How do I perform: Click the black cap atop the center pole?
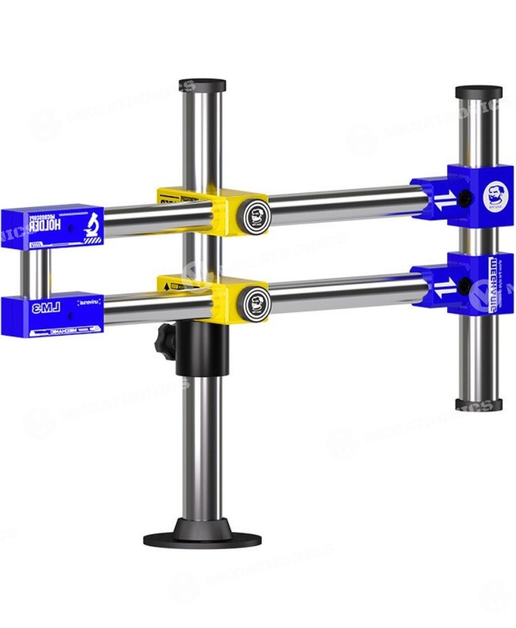(x=202, y=85)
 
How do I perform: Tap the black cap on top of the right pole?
(x=478, y=92)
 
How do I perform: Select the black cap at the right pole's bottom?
(x=478, y=405)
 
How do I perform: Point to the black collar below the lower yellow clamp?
(x=202, y=349)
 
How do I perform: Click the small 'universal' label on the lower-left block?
(x=87, y=302)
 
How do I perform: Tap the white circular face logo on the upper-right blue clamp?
(x=495, y=196)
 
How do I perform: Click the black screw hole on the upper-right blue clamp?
(x=463, y=196)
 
